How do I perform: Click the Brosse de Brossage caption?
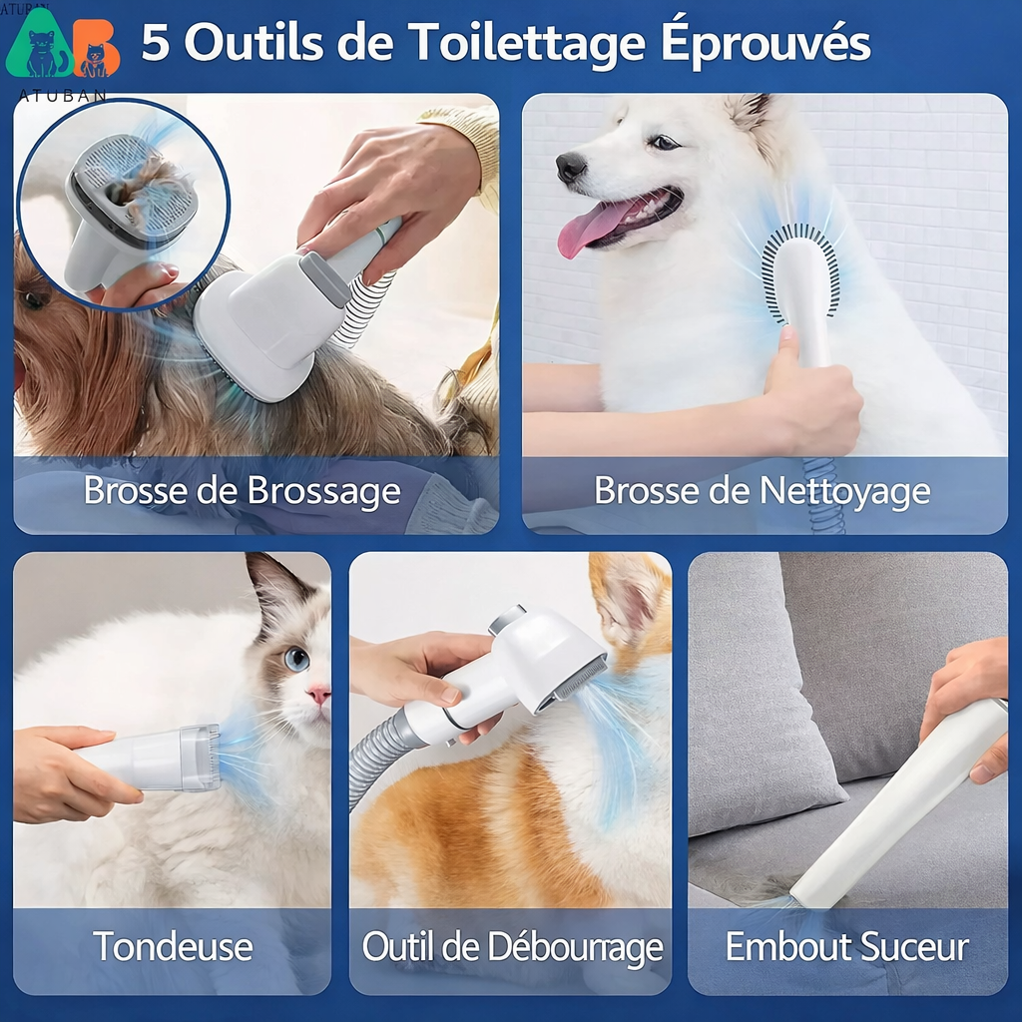point(242,491)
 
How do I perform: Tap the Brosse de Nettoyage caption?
point(763,491)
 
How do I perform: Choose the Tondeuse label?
point(173,946)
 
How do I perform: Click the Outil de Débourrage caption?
point(512,946)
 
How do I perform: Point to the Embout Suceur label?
point(846,946)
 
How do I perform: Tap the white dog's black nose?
point(570,166)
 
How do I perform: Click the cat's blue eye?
point(296,659)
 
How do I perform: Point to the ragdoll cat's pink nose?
point(318,694)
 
